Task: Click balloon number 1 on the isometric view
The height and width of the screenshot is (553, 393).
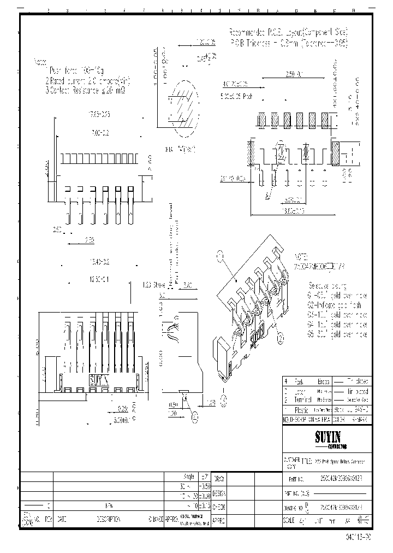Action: coord(221,255)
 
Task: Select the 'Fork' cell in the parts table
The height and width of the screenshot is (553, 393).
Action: coord(300,381)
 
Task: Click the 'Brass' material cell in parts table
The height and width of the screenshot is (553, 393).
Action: coord(323,381)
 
